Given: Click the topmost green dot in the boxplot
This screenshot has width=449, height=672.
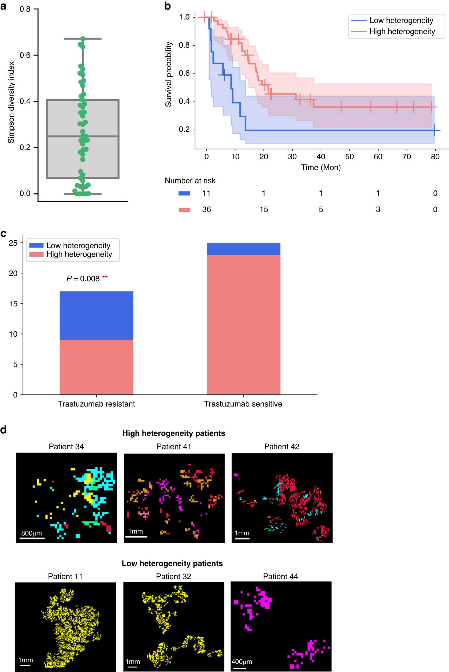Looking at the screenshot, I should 83,39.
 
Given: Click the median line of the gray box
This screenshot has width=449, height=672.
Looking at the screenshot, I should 83,136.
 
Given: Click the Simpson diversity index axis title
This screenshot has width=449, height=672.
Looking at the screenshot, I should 11,102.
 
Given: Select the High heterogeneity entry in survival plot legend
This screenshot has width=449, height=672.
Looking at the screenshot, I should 402,31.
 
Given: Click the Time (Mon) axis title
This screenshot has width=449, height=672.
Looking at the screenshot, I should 321,167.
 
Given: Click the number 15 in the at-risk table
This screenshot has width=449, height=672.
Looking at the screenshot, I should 264,210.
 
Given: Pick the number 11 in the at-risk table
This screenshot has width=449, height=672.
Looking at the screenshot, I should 206,193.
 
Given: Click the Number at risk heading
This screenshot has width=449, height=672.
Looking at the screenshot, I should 190,181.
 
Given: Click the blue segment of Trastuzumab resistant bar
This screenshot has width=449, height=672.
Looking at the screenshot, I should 96,316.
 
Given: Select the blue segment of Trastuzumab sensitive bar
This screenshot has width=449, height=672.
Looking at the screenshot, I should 243,249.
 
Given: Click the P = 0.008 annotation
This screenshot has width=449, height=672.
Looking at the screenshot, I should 83,279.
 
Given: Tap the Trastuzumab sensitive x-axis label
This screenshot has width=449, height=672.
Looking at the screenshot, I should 243,404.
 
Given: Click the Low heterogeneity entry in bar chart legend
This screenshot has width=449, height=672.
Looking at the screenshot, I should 78,245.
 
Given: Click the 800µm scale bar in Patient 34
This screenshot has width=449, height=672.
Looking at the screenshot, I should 32,538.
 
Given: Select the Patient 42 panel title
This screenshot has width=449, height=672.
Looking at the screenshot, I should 281,446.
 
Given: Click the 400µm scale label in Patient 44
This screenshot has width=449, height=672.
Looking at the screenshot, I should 242,662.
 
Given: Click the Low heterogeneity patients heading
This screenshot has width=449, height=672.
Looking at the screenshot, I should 172,564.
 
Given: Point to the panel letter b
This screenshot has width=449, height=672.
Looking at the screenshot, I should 168,6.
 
